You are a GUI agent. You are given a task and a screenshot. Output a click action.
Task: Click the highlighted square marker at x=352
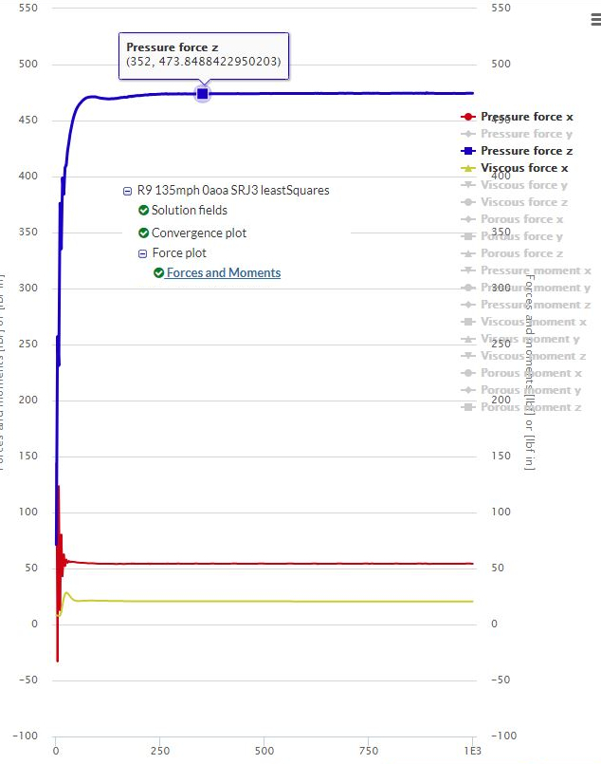click(202, 93)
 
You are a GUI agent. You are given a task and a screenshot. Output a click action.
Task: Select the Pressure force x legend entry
click(526, 117)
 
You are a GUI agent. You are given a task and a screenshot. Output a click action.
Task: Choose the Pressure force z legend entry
click(526, 151)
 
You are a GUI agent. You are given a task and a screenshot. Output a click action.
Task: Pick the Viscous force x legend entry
click(524, 168)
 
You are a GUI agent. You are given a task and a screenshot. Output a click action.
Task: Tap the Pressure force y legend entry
click(526, 134)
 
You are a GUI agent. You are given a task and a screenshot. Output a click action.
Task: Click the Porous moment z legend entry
click(531, 407)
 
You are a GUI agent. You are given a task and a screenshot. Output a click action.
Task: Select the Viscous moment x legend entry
click(533, 322)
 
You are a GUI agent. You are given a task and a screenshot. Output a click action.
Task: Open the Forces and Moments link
click(224, 272)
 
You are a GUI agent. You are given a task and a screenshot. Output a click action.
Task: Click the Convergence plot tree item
click(198, 233)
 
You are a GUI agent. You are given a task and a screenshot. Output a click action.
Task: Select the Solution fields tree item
click(189, 211)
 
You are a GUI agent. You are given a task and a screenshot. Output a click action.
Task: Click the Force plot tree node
click(179, 253)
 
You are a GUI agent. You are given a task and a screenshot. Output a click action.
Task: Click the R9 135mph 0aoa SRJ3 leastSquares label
click(232, 190)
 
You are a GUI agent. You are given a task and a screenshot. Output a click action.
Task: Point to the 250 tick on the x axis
click(160, 751)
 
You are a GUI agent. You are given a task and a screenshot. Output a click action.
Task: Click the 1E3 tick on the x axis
click(472, 751)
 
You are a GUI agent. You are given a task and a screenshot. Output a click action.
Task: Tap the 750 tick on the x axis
click(368, 751)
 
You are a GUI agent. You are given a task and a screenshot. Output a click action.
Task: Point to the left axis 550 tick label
click(27, 9)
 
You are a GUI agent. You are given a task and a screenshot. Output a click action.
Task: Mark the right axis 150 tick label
click(501, 457)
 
